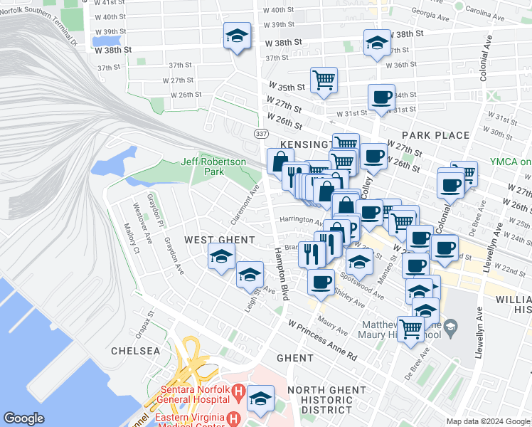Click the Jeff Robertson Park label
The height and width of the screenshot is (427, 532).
point(213,167)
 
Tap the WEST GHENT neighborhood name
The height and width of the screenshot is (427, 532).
point(209,240)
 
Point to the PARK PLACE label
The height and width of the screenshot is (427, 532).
point(435,135)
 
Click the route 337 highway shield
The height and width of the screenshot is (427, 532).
point(261,133)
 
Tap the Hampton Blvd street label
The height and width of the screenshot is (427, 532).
point(280,274)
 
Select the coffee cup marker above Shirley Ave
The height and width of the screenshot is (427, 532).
point(321,280)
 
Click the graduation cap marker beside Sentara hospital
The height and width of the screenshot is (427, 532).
point(261,398)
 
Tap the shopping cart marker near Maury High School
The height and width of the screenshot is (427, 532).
point(410,329)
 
